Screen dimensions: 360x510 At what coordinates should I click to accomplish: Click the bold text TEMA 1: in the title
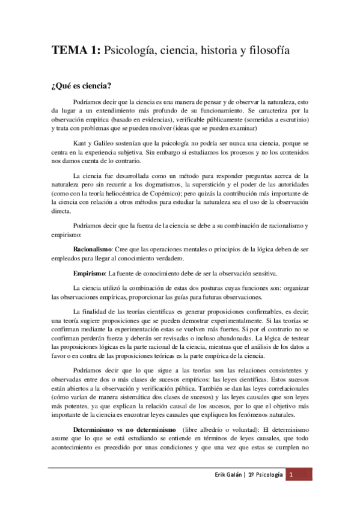76,52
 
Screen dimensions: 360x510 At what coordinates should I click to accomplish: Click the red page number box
291,491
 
